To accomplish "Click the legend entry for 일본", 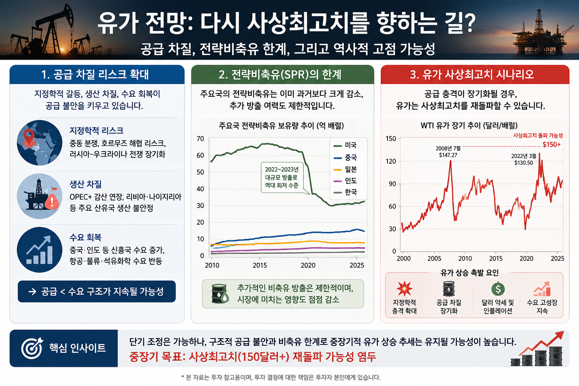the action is click(x=345, y=169).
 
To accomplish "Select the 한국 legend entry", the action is click(x=345, y=192).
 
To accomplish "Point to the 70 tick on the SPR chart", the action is click(x=200, y=139).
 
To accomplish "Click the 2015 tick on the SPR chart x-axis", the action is click(x=260, y=265).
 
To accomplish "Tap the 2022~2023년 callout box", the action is click(x=282, y=178).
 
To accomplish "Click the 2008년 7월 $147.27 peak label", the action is click(x=448, y=152).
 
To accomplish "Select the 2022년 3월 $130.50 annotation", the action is click(x=524, y=159).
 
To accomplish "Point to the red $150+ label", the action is click(x=551, y=144).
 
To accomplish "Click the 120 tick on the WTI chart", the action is click(x=391, y=161).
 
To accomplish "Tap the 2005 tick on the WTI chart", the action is click(x=434, y=259).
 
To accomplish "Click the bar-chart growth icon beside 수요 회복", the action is click(x=40, y=250).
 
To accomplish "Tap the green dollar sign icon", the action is click(x=498, y=289).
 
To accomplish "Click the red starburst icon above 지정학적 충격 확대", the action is click(x=404, y=288).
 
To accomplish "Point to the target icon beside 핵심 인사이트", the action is click(x=32, y=348).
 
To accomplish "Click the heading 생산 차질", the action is click(x=86, y=184).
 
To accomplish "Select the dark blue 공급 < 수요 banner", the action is click(x=96, y=291).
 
